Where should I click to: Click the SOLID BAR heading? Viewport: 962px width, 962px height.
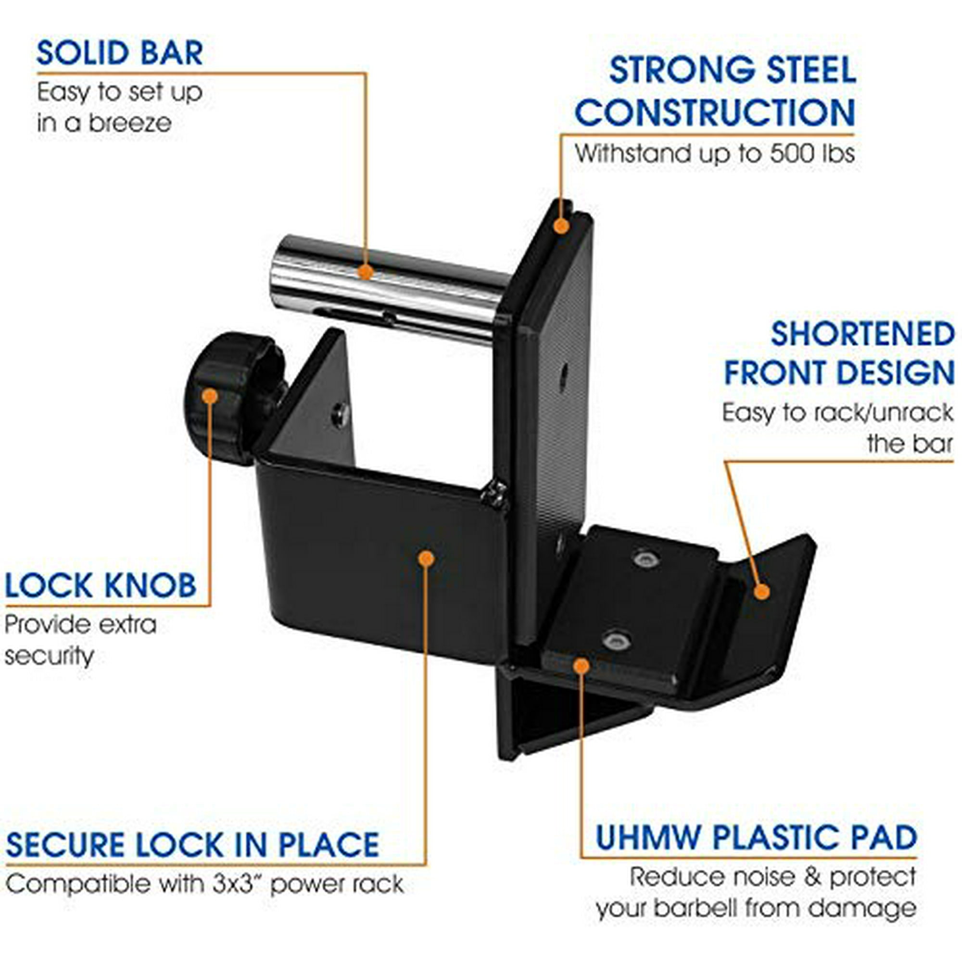click(x=120, y=53)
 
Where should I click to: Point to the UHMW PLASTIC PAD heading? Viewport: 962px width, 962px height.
click(x=756, y=836)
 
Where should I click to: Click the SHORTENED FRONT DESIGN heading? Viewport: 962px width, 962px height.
click(x=839, y=353)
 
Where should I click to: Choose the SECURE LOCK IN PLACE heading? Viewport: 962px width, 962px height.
click(x=193, y=845)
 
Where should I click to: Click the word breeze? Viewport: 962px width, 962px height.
click(x=130, y=123)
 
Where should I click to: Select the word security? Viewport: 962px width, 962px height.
click(x=49, y=656)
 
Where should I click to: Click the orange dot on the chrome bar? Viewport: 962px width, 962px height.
click(x=366, y=272)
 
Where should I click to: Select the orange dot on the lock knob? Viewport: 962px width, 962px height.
click(x=210, y=396)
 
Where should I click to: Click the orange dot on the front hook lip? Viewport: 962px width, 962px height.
click(x=761, y=592)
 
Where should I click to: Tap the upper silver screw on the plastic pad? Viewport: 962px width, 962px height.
click(x=646, y=558)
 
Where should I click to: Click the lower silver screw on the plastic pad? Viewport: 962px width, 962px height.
click(x=616, y=640)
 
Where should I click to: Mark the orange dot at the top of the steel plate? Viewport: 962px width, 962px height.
click(x=562, y=226)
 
